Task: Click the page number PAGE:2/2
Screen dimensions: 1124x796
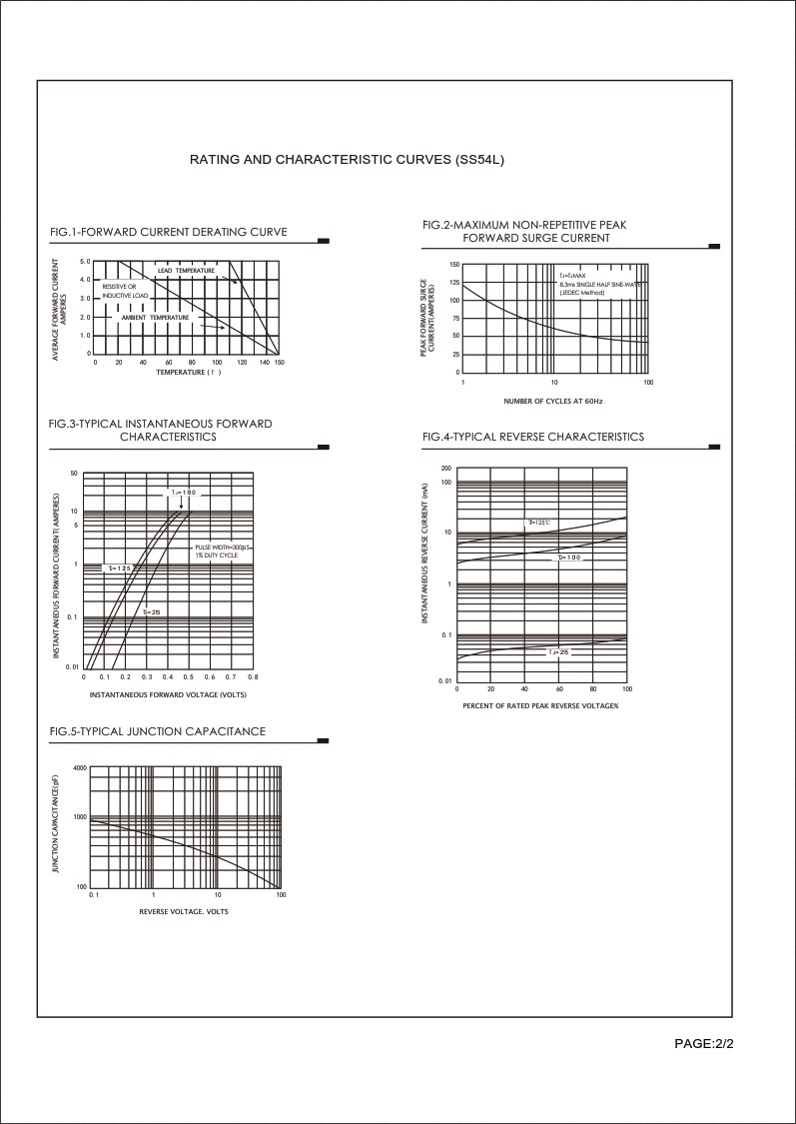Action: click(704, 1044)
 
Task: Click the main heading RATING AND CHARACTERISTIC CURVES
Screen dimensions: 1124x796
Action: click(354, 160)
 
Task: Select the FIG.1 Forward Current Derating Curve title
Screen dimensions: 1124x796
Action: click(168, 232)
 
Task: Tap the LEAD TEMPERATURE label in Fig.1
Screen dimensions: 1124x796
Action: click(186, 271)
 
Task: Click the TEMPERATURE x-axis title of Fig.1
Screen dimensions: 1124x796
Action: click(187, 372)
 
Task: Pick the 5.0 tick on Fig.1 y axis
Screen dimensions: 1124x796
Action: click(85, 262)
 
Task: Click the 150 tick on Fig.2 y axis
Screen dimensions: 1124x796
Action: click(454, 265)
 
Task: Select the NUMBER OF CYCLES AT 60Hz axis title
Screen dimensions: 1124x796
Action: click(553, 401)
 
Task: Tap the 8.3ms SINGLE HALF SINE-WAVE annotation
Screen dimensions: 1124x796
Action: click(599, 284)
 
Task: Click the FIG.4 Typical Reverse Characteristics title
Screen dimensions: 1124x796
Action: click(533, 437)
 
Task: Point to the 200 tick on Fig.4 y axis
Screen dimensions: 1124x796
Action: click(445, 468)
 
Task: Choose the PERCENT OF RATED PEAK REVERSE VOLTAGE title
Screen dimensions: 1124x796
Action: click(540, 705)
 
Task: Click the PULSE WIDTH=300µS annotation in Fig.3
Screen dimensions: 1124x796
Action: click(224, 548)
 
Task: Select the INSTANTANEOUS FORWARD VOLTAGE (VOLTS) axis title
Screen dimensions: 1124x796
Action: click(168, 694)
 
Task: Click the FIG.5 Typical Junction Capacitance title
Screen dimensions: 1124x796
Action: click(158, 731)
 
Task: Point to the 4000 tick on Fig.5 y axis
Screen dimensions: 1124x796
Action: click(80, 767)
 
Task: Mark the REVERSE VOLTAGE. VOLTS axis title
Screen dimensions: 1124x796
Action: click(184, 911)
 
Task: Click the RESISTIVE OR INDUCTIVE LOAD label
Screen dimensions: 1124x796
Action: click(125, 291)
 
